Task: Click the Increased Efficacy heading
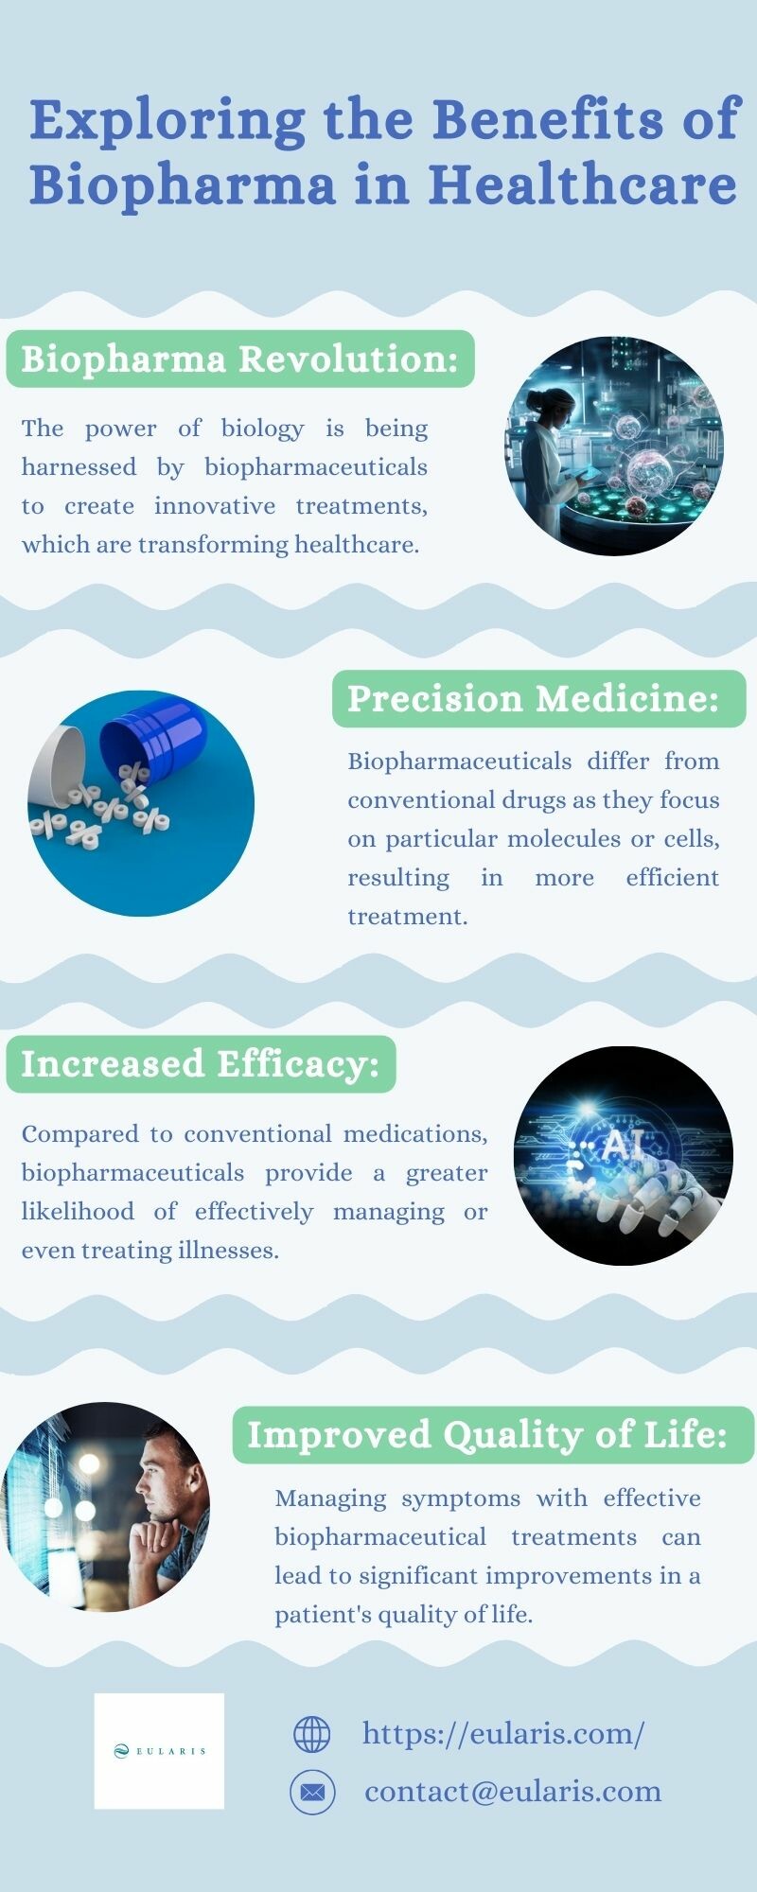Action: [201, 1064]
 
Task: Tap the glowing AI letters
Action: [625, 1146]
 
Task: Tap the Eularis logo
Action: [159, 1751]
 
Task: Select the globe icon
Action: [312, 1734]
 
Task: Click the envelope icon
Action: [312, 1792]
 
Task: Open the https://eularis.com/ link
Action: [503, 1734]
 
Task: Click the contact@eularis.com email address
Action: [513, 1791]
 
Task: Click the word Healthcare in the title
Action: [583, 184]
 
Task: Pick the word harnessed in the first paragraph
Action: [79, 467]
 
